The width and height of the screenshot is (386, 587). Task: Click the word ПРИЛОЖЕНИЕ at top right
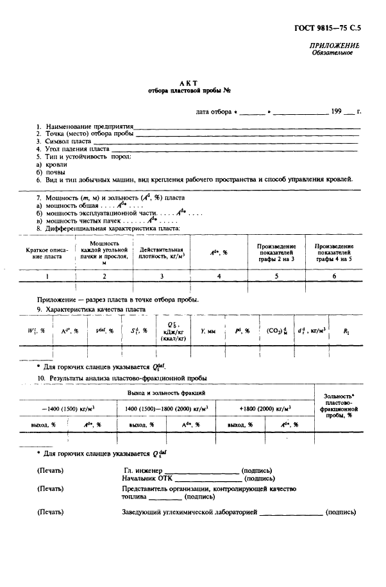click(334, 46)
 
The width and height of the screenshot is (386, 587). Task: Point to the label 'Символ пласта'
click(67, 141)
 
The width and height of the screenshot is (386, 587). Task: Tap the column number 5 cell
click(276, 275)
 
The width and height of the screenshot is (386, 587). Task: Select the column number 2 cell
click(104, 275)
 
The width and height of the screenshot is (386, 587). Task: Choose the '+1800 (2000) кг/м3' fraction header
click(264, 407)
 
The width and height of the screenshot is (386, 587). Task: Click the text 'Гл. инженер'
click(140, 470)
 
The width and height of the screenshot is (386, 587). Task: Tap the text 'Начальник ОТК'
click(144, 478)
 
